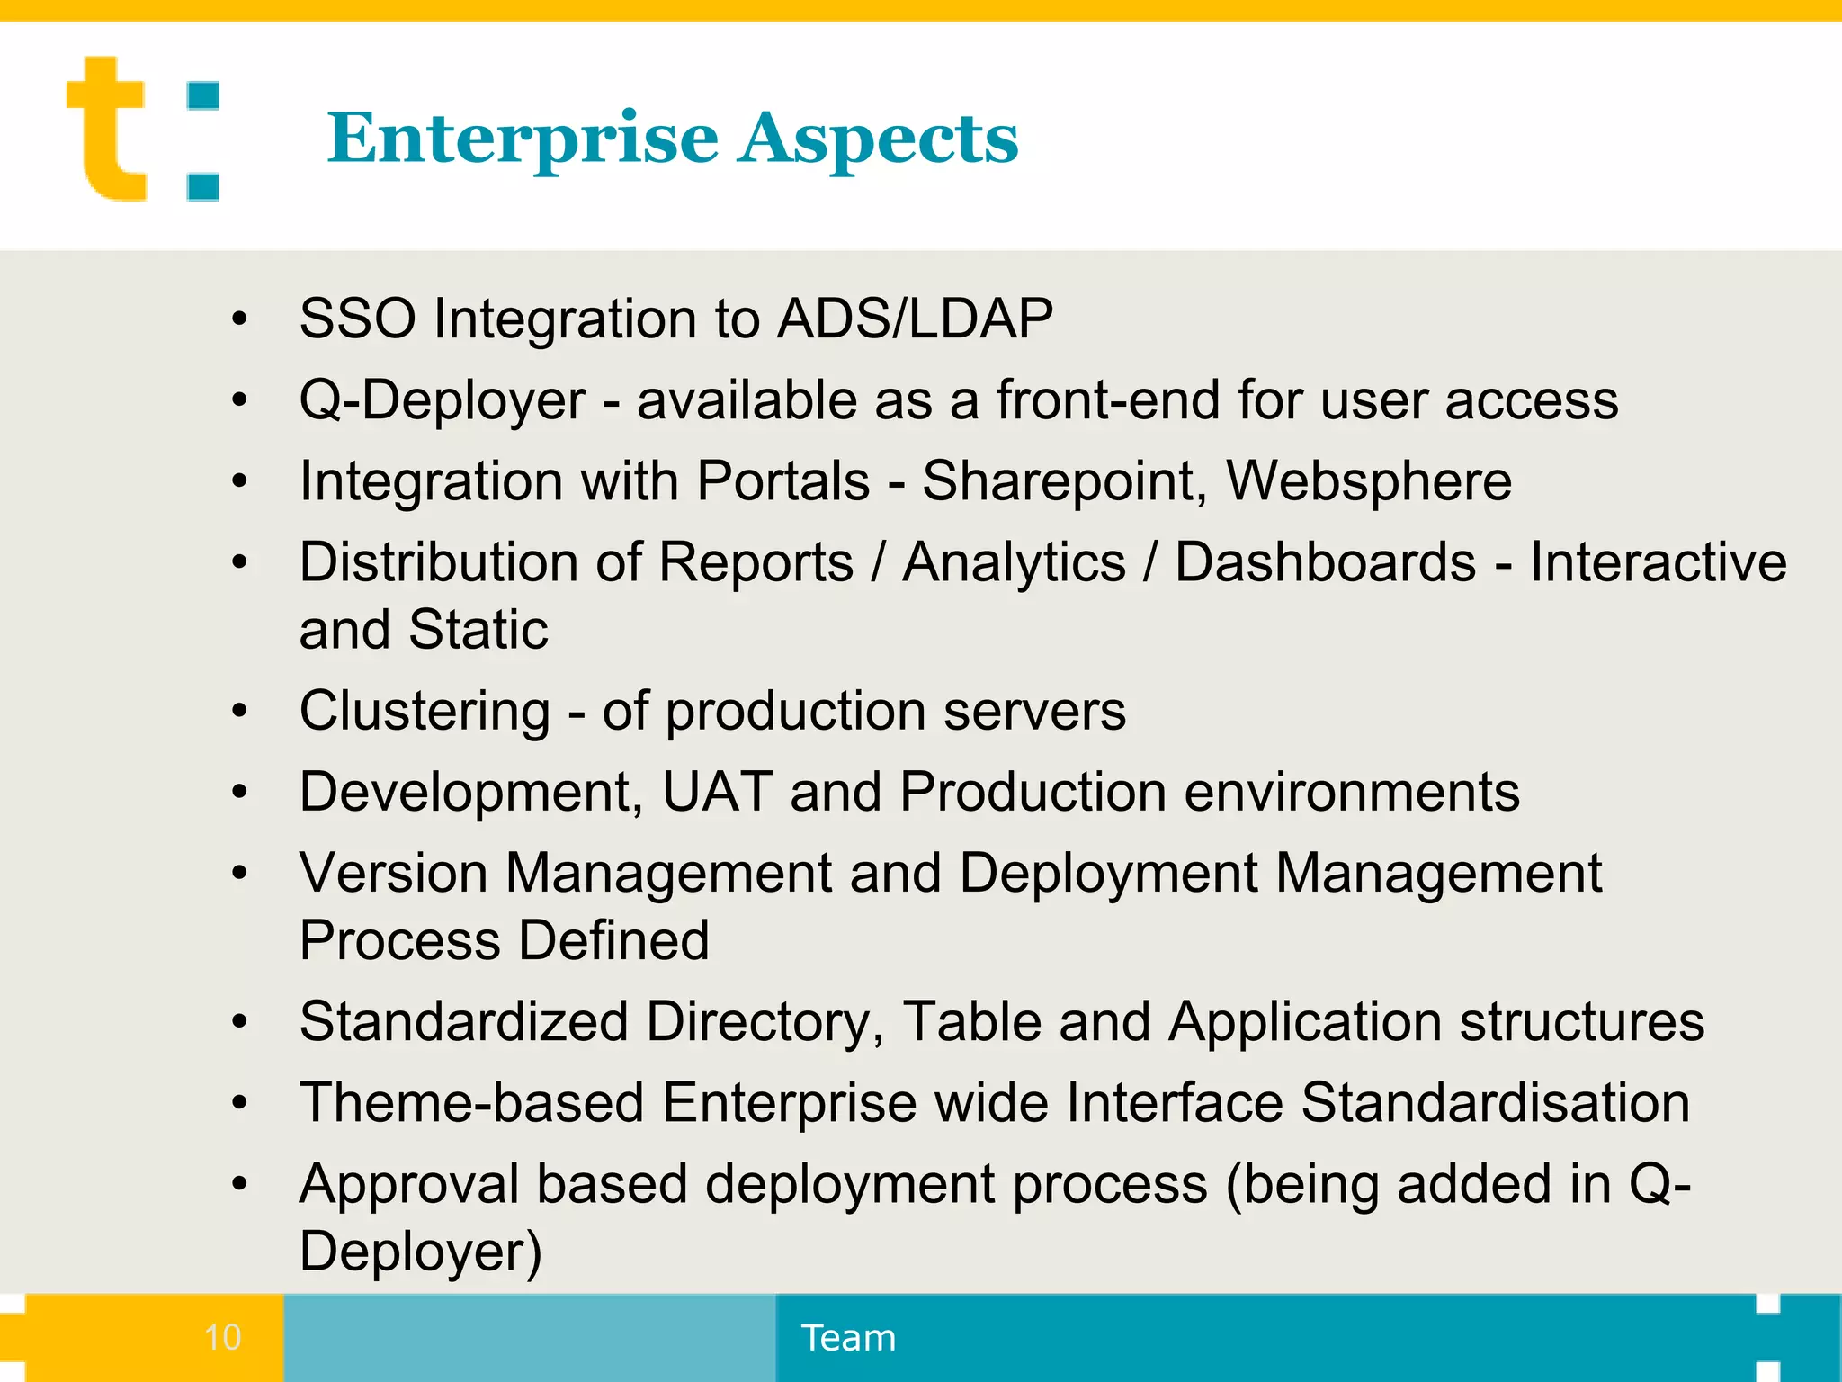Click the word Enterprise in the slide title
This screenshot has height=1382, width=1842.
(x=523, y=139)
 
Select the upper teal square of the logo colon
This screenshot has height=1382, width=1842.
(x=203, y=96)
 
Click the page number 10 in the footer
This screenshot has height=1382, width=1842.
(x=222, y=1338)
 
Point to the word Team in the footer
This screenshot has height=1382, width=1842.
(x=848, y=1338)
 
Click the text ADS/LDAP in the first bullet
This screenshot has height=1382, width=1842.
(x=915, y=319)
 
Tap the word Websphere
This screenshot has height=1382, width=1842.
(x=1369, y=480)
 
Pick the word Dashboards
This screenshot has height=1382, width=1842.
(x=1325, y=562)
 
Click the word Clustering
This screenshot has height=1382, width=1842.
(x=425, y=711)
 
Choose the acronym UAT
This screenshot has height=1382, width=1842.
(x=717, y=792)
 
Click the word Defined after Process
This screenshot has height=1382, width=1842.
(x=614, y=940)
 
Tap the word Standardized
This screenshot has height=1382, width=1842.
(x=463, y=1021)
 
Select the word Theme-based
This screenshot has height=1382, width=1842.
(x=472, y=1102)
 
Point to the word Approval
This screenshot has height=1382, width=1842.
(x=409, y=1184)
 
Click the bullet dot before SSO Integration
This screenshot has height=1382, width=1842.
(x=239, y=319)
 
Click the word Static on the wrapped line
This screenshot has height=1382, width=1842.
(x=478, y=629)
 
